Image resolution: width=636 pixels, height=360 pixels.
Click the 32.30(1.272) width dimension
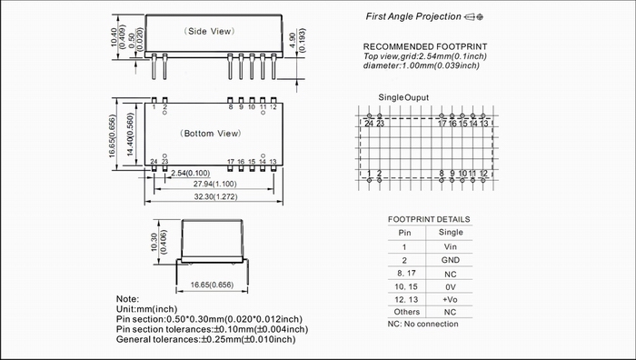coord(216,197)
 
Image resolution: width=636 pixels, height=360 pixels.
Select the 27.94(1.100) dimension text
coord(214,184)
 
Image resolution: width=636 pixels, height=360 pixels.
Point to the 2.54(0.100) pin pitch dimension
coord(190,174)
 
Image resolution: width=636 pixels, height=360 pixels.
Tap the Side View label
coord(209,31)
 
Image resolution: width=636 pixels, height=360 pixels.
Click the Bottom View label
coord(210,134)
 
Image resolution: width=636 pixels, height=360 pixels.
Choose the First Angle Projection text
coord(413,16)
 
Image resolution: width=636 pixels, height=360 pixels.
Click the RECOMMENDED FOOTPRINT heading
coord(425,46)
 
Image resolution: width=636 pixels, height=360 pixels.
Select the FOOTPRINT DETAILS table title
coord(429,220)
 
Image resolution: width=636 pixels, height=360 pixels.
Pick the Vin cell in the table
coord(451,246)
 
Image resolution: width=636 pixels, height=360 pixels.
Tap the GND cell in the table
coord(451,260)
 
